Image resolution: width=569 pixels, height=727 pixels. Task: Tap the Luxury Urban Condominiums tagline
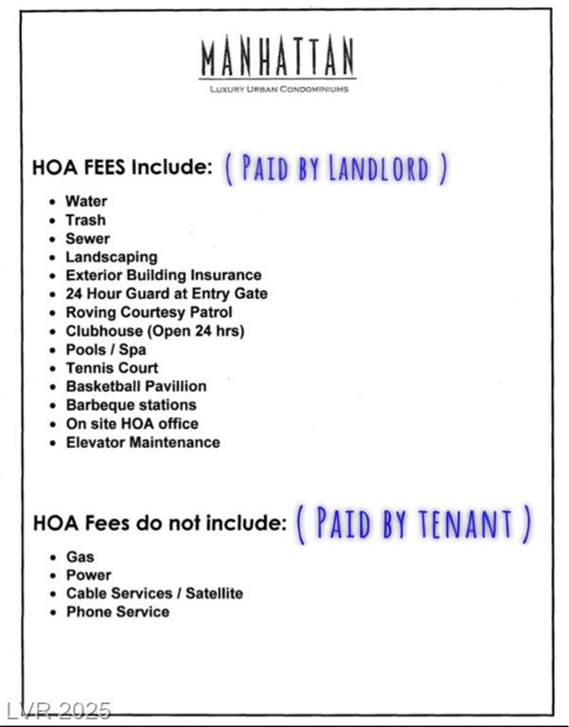pyautogui.click(x=277, y=89)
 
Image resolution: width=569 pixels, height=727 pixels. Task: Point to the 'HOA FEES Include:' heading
pyautogui.click(x=122, y=168)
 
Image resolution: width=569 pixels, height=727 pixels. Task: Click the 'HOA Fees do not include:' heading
pyautogui.click(x=159, y=522)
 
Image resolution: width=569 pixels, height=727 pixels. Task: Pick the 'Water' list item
pyautogui.click(x=86, y=201)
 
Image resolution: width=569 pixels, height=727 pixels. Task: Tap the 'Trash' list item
pyautogui.click(x=85, y=220)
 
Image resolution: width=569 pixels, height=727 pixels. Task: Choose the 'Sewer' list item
pyautogui.click(x=87, y=239)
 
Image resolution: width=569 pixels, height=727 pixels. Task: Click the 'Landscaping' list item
pyautogui.click(x=111, y=257)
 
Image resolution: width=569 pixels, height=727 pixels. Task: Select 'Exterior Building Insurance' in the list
pyautogui.click(x=163, y=275)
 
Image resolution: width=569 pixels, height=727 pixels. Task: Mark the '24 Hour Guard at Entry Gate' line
pyautogui.click(x=166, y=293)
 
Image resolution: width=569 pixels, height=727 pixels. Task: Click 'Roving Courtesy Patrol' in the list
pyautogui.click(x=149, y=312)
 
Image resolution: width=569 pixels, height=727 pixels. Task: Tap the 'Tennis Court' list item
pyautogui.click(x=112, y=368)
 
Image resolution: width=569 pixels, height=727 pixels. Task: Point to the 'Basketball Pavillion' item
pyautogui.click(x=135, y=386)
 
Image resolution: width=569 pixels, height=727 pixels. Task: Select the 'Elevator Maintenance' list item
pyautogui.click(x=142, y=442)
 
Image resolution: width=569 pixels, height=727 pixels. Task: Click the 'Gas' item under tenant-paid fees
pyautogui.click(x=80, y=557)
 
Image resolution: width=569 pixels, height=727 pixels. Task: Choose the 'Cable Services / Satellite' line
pyautogui.click(x=153, y=594)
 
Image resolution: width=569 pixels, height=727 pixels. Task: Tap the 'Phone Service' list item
pyautogui.click(x=117, y=612)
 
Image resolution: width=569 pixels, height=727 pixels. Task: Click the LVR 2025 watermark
pyautogui.click(x=59, y=711)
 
